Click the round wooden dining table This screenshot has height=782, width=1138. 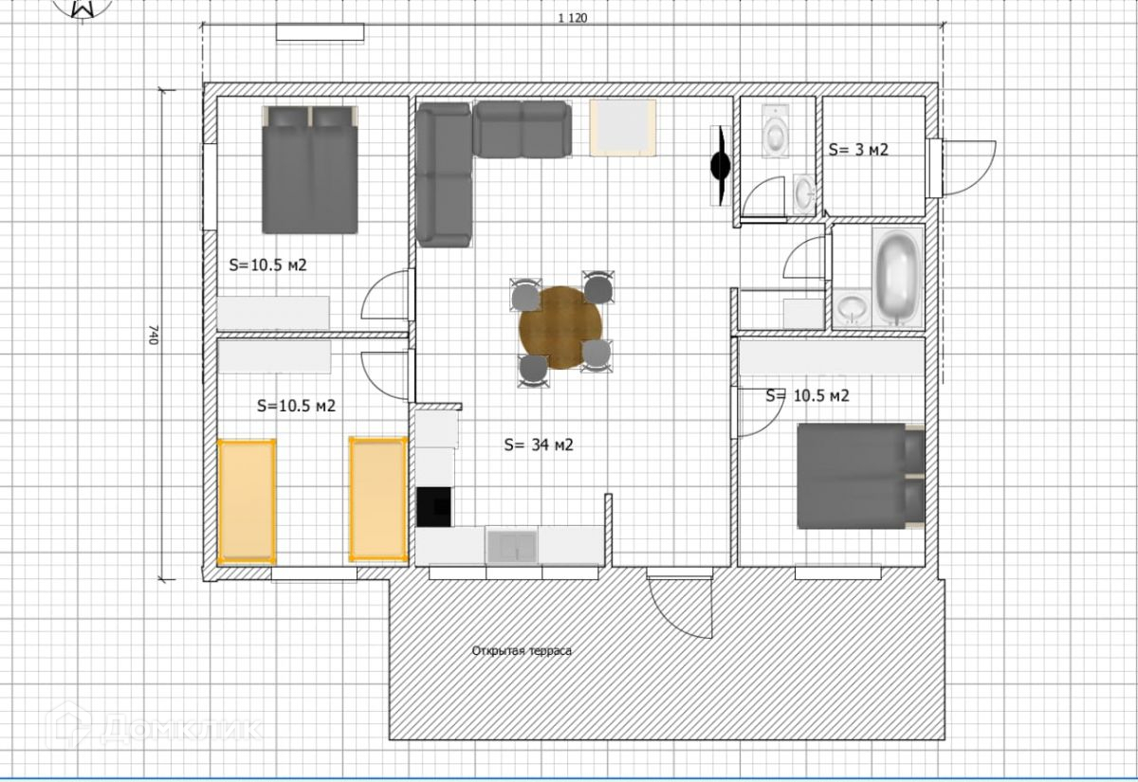point(560,328)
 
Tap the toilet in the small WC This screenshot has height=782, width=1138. point(776,130)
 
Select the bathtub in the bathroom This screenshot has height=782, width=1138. point(898,277)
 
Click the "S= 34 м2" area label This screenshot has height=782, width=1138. point(539,445)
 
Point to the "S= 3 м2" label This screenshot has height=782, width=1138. point(858,150)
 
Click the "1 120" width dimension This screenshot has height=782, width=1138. point(573,18)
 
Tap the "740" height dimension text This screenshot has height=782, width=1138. point(154,335)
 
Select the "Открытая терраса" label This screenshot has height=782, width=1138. point(522,651)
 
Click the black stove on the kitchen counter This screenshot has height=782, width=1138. point(434,507)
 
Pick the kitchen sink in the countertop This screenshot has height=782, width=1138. point(511,546)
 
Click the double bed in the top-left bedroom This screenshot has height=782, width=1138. point(310,170)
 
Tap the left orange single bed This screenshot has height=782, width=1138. point(247,501)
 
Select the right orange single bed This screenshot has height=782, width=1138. point(378,500)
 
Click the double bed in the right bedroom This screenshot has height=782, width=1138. point(861,476)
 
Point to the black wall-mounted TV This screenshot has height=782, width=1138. point(721,166)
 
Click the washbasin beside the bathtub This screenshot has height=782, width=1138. point(852,308)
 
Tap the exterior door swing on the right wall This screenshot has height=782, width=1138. point(968,168)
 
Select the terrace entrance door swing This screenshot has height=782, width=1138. point(681,608)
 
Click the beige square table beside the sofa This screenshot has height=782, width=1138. point(623,127)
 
